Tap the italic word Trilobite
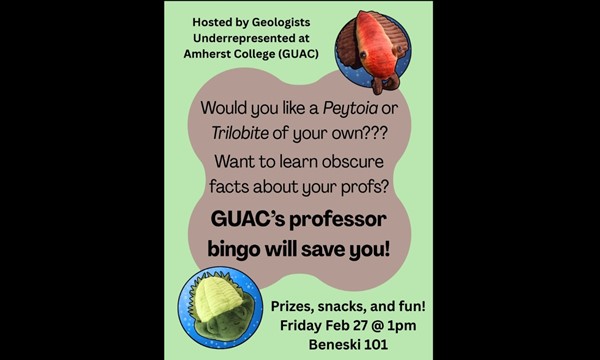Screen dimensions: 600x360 pyautogui.click(x=240, y=133)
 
